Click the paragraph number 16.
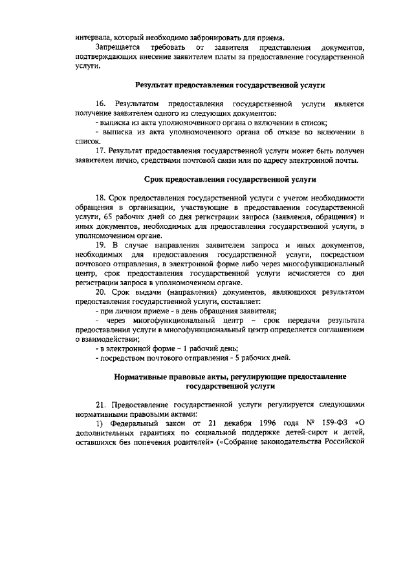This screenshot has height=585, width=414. pos(101,103)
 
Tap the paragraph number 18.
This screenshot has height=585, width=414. pos(101,197)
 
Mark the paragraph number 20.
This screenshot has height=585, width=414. pos(101,290)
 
